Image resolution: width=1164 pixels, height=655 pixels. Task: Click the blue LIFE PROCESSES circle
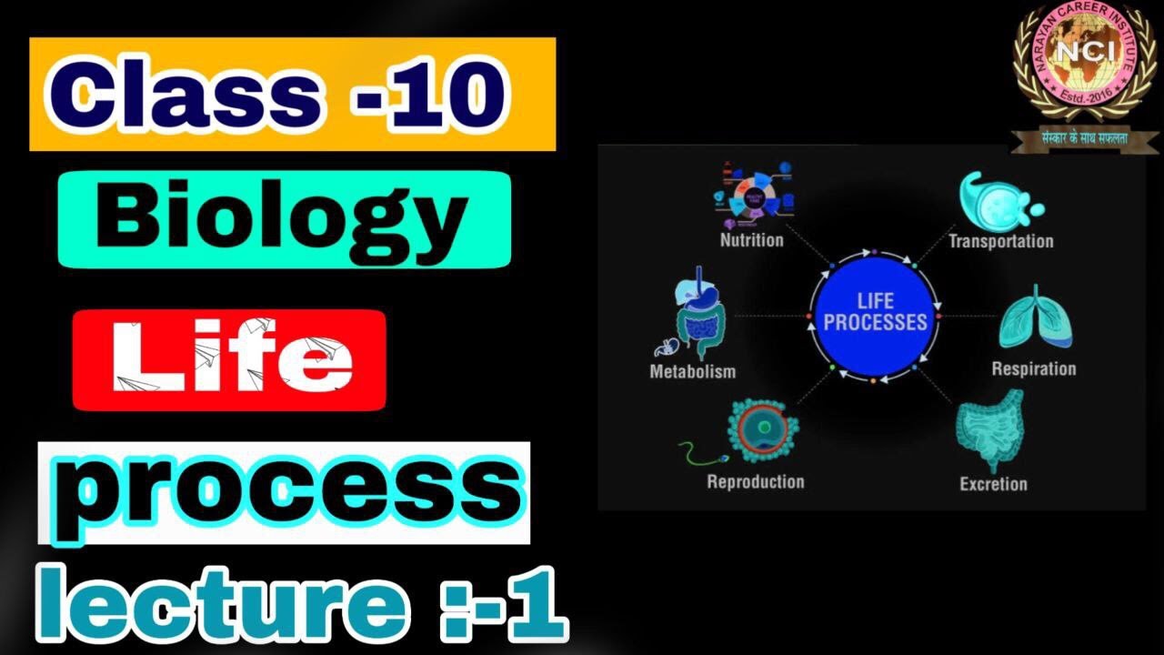(x=874, y=315)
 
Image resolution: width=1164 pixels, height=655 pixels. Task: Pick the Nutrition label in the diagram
(x=751, y=241)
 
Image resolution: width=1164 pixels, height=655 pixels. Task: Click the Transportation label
(x=1000, y=242)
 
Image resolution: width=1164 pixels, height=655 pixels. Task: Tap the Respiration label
(x=1033, y=369)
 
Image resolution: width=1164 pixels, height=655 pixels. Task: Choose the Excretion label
(x=993, y=485)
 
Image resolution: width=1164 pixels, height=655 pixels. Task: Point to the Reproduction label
(x=755, y=482)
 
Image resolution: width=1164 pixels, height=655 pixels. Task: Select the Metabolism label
(x=692, y=372)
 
